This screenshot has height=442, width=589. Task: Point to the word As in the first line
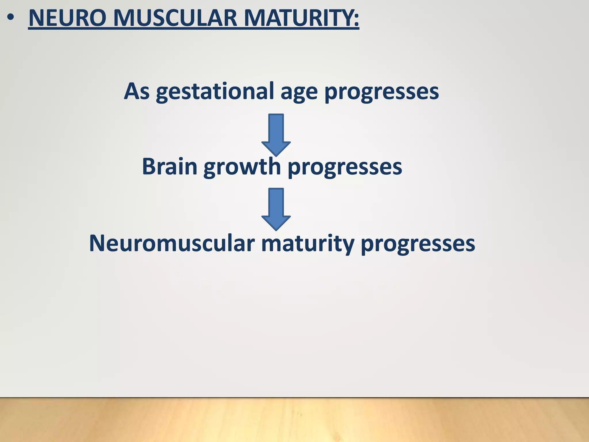[x=137, y=91]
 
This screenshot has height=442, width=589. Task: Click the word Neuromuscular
[x=172, y=243]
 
